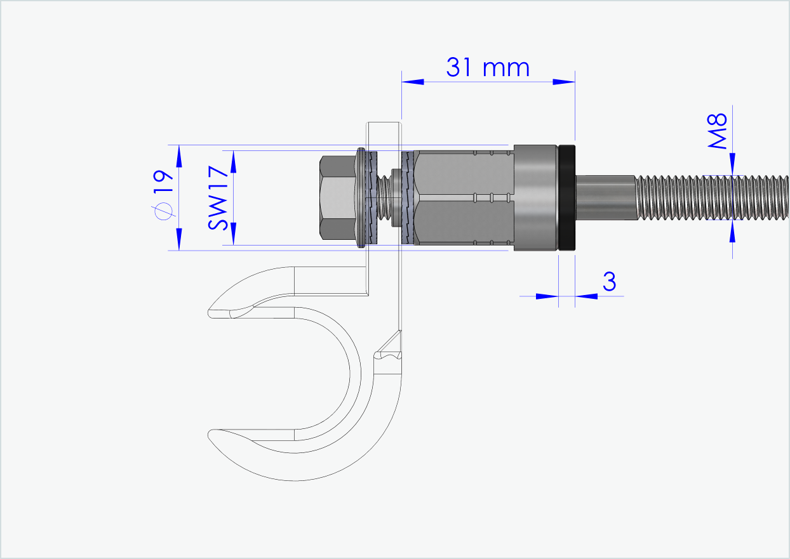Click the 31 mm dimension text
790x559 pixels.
pos(487,67)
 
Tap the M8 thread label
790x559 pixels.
pos(718,130)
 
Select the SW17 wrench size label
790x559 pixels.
pos(218,197)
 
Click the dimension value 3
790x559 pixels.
pos(610,282)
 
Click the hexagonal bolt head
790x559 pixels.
pos(336,197)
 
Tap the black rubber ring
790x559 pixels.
pos(566,197)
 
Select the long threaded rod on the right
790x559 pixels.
pos(711,197)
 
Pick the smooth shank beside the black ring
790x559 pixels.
pos(605,197)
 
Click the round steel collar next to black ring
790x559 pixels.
pos(535,197)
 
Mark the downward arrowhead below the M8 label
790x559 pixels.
pos(732,166)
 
